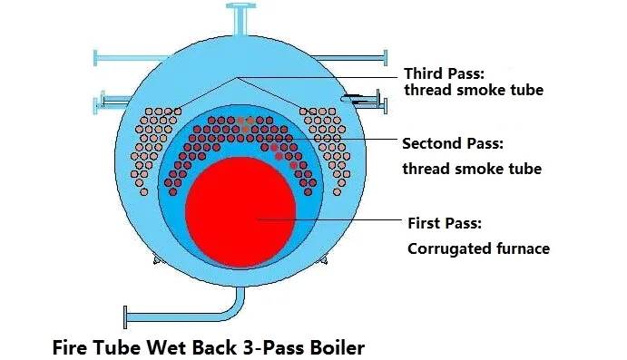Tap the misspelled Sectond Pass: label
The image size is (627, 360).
click(452, 144)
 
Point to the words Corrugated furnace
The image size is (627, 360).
click(477, 248)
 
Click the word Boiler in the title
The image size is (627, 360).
click(334, 345)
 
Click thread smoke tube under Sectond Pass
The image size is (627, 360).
click(472, 169)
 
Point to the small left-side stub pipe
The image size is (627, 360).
click(106, 99)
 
